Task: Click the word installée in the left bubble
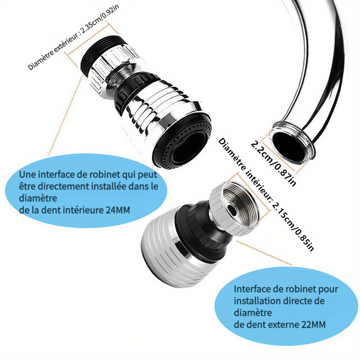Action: pos(109,186)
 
